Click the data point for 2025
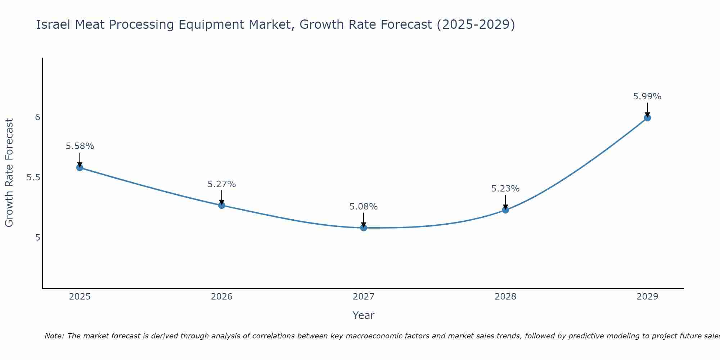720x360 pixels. point(80,167)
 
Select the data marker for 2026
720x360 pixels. point(222,205)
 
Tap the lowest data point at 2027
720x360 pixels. point(364,228)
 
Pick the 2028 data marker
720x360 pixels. point(505,210)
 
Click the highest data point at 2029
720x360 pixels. point(647,118)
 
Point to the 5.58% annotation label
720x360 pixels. point(80,146)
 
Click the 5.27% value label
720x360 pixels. point(222,184)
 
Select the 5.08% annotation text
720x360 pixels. point(364,207)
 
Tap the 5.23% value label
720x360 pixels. point(505,189)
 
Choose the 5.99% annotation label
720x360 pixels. point(647,96)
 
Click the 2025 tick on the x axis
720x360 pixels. point(80,297)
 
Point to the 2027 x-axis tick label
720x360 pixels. point(364,297)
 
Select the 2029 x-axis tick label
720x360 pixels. point(647,297)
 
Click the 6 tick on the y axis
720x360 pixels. point(37,117)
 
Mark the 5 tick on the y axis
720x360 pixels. point(37,238)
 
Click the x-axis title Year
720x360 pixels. point(364,315)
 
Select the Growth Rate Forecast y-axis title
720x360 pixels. point(9,173)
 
